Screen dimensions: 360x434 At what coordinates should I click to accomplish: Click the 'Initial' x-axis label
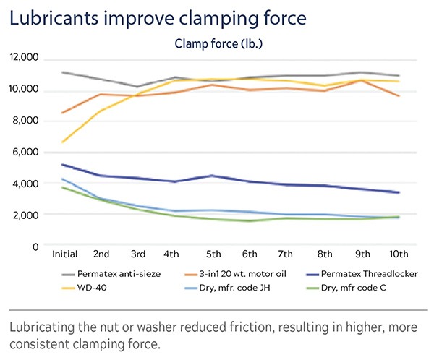[x=65, y=254]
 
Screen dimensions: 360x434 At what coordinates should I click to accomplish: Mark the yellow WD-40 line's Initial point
[x=64, y=142]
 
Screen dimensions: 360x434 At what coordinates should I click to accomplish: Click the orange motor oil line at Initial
[x=64, y=113]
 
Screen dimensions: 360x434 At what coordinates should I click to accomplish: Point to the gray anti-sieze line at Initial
[x=64, y=72]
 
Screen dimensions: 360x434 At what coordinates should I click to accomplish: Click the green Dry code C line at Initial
[x=64, y=187]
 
